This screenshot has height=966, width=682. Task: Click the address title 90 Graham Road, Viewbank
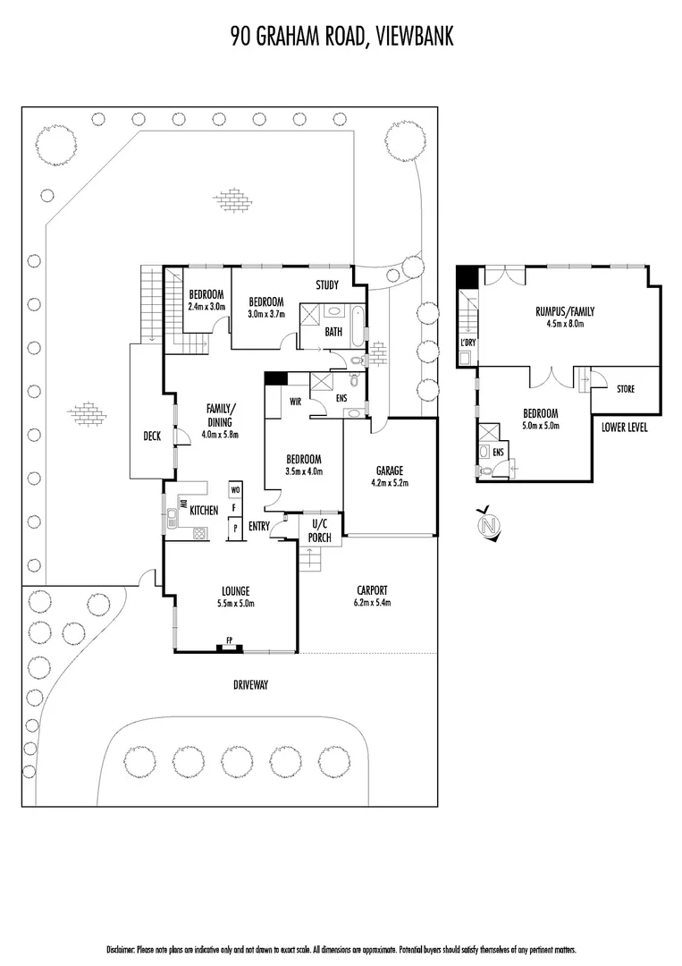coord(341,36)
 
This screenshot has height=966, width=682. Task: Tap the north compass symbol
coord(489,524)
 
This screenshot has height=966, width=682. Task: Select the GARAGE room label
coord(390,470)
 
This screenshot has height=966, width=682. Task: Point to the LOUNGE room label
coord(235,591)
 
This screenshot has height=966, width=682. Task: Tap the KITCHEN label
coord(204,510)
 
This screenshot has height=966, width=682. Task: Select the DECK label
coord(151,436)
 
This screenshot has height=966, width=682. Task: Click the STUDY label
coord(326,286)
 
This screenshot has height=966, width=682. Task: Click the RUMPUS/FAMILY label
coord(564,312)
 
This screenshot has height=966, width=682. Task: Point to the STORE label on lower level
coord(626,388)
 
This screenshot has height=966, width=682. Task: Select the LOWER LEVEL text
coord(625,428)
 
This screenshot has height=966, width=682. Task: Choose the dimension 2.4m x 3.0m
coord(207,307)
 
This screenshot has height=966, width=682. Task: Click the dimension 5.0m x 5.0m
coord(540,425)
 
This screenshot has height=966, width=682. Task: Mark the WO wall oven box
coord(235,490)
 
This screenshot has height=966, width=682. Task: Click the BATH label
coord(333,332)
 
